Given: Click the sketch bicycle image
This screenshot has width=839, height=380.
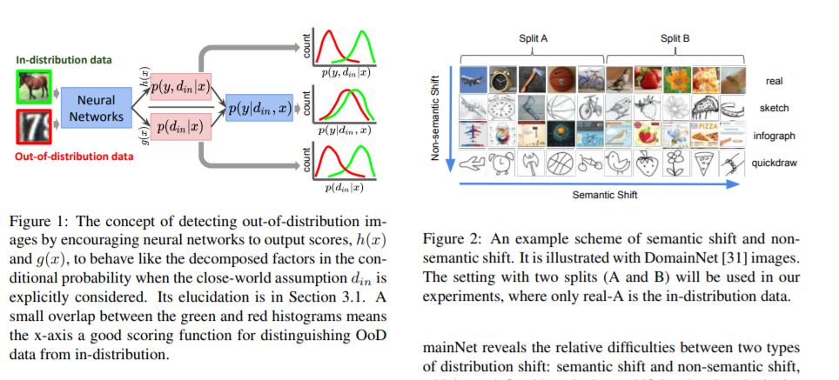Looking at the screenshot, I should click(x=589, y=106).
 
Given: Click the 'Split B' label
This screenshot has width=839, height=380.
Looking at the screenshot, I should click(x=675, y=38).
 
